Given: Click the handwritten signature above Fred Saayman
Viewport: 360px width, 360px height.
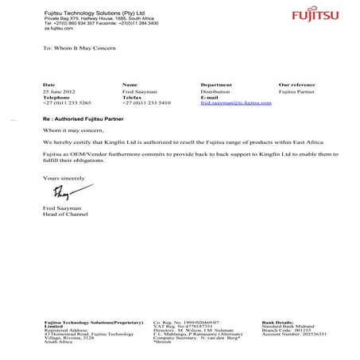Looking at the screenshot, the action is [63, 193].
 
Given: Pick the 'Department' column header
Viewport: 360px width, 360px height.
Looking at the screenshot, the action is [216, 83].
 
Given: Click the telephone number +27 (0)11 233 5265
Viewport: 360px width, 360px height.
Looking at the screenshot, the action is [67, 103].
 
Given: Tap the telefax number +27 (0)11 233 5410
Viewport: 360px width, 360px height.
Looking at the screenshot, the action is [146, 103].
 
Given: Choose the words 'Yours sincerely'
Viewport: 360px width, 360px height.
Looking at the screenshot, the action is [61, 176].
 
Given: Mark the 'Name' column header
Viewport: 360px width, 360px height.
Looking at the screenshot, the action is [130, 83].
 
